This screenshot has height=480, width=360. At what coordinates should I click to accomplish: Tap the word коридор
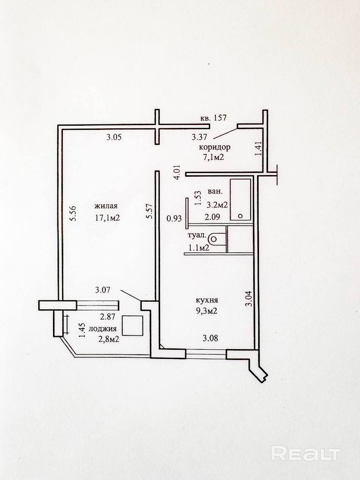coord(215,147)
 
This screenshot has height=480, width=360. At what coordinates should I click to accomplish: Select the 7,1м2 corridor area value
coord(214,157)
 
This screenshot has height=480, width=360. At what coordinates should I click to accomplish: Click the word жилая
coord(106,206)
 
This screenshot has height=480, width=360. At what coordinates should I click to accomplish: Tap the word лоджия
coord(103,329)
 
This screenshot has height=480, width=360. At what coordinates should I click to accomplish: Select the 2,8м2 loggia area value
coord(104,339)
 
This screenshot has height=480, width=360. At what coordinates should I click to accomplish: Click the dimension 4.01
coord(176,172)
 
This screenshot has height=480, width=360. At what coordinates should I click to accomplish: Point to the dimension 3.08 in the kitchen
coord(210,338)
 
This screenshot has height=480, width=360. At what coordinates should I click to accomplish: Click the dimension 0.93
coord(174,218)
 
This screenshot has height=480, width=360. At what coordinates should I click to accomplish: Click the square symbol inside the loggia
coord(132,326)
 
